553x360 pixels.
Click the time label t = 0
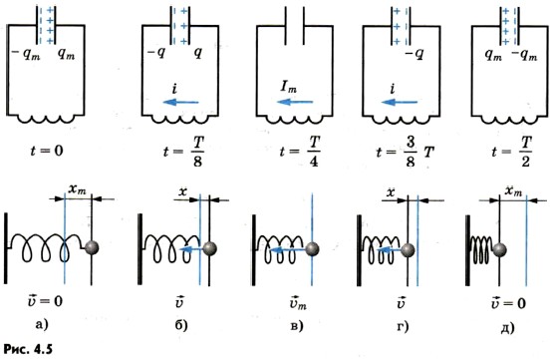pyautogui.click(x=47, y=151)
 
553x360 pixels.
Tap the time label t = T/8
pyautogui.click(x=183, y=151)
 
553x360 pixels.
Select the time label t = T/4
pyautogui.click(x=300, y=151)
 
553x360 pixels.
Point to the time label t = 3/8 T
pyautogui.click(x=406, y=152)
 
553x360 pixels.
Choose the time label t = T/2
pyautogui.click(x=512, y=151)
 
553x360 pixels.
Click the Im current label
pyautogui.click(x=289, y=86)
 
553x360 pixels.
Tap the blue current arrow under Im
pyautogui.click(x=295, y=102)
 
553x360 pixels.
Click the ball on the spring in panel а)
pyautogui.click(x=92, y=247)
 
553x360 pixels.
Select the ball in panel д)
pyautogui.click(x=499, y=250)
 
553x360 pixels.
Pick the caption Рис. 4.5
pyautogui.click(x=28, y=349)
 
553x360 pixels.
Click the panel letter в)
pyautogui.click(x=297, y=326)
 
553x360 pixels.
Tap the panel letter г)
pyautogui.click(x=403, y=326)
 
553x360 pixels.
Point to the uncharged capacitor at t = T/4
pyautogui.click(x=295, y=26)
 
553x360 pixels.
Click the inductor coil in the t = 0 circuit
pyautogui.click(x=46, y=120)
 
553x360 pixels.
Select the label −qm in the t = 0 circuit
pyautogui.click(x=26, y=55)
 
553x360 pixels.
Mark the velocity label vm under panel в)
pyautogui.click(x=298, y=303)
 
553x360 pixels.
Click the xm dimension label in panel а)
pyautogui.click(x=78, y=189)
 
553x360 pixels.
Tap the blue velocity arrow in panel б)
pyautogui.click(x=191, y=250)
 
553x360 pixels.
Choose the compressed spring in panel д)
pyautogui.click(x=482, y=250)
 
